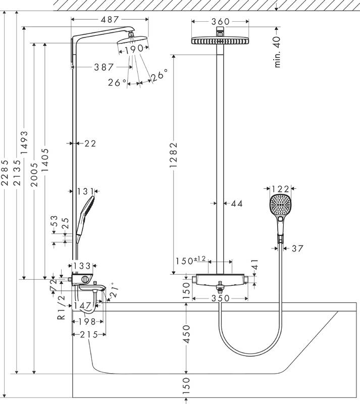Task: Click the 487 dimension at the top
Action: [110, 19]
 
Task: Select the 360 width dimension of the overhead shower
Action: [221, 21]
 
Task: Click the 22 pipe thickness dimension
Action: [90, 144]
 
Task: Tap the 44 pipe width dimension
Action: [236, 204]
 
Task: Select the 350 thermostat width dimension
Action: [220, 298]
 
